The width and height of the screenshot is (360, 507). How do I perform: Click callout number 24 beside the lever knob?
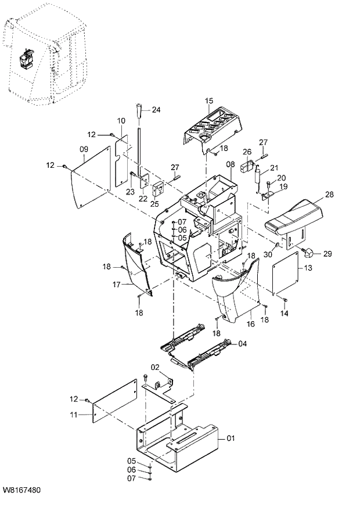click(156, 109)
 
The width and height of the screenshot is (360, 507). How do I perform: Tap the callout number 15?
click(209, 101)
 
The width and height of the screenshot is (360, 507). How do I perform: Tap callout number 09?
click(84, 149)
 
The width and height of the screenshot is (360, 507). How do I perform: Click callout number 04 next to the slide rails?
click(242, 343)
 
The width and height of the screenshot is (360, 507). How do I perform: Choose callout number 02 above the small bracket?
click(155, 367)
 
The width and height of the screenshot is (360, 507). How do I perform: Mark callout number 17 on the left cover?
click(116, 285)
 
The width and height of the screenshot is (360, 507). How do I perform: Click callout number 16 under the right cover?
click(251, 323)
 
